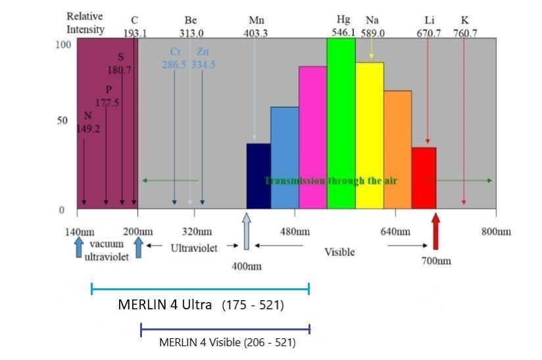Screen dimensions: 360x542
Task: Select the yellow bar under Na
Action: (x=369, y=136)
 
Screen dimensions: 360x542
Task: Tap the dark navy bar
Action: (x=259, y=176)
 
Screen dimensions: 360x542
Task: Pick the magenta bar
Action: (x=312, y=138)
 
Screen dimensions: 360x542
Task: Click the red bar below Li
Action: (x=424, y=178)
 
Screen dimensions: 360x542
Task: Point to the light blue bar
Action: (x=284, y=158)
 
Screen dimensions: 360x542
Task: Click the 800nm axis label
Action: (x=496, y=232)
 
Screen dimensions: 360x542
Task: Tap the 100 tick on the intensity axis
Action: (x=62, y=45)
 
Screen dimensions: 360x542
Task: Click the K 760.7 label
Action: (x=465, y=27)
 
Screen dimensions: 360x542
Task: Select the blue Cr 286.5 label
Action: (x=175, y=58)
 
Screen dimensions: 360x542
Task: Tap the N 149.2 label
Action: (x=87, y=123)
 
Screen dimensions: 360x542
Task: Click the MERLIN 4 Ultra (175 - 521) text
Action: (x=201, y=305)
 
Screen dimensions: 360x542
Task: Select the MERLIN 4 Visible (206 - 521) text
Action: (x=227, y=342)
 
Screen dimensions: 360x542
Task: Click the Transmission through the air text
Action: (x=330, y=180)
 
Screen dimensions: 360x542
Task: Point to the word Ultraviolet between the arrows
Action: (x=194, y=248)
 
